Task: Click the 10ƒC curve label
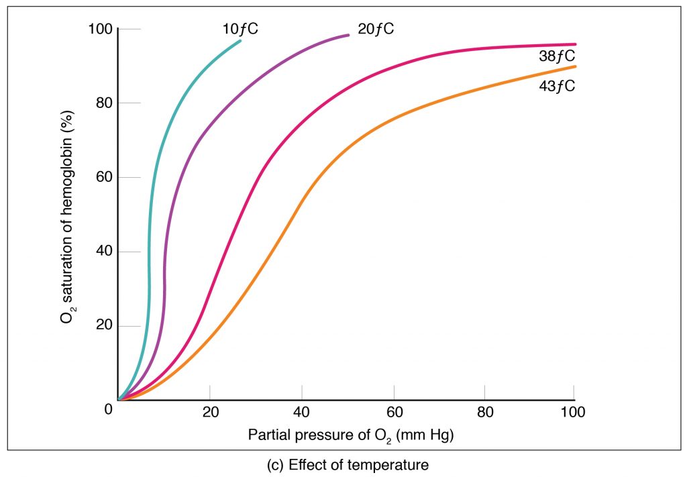click(x=240, y=29)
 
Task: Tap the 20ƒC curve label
click(x=376, y=29)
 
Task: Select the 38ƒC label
click(x=557, y=56)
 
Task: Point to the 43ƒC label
click(x=557, y=86)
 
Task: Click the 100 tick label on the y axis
click(x=99, y=30)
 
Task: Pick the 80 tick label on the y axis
click(x=102, y=103)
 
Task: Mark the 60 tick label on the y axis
click(x=102, y=178)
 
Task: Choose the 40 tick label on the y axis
click(x=102, y=252)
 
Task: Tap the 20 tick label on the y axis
click(x=102, y=326)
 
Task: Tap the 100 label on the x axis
click(x=573, y=412)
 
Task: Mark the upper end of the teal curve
click(x=240, y=42)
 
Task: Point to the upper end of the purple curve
click(x=348, y=35)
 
